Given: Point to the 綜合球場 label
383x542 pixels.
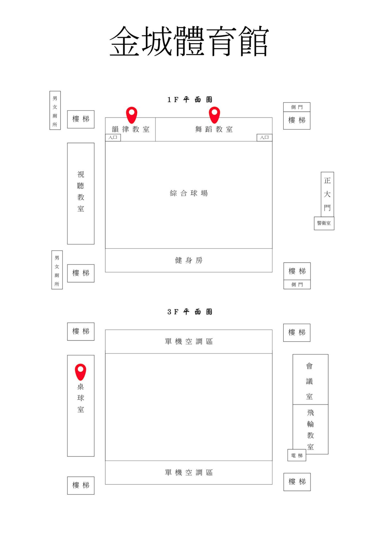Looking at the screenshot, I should [189, 193].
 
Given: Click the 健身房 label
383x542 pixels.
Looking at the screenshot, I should [189, 260].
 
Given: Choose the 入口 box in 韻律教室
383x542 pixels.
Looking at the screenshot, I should [113, 137].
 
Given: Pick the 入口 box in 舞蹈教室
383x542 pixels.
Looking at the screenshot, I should [264, 137].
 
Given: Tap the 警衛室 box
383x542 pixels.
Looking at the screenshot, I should [324, 223].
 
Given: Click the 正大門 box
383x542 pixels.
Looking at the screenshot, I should [327, 194].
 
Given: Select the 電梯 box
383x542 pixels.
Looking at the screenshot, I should [297, 455].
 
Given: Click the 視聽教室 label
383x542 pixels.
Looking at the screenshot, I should [81, 191].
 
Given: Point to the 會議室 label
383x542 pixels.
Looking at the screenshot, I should [309, 381].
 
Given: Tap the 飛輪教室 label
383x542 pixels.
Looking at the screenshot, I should [310, 429].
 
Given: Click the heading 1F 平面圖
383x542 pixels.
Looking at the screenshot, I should [190, 100].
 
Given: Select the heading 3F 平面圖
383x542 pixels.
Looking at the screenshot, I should [190, 312].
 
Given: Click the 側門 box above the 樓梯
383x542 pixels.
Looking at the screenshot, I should [297, 107].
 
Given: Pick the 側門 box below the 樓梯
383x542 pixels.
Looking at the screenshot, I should [297, 285].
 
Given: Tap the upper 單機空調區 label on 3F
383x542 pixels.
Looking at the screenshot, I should [189, 341].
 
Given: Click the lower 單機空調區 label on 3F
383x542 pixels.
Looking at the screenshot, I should [189, 473].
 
